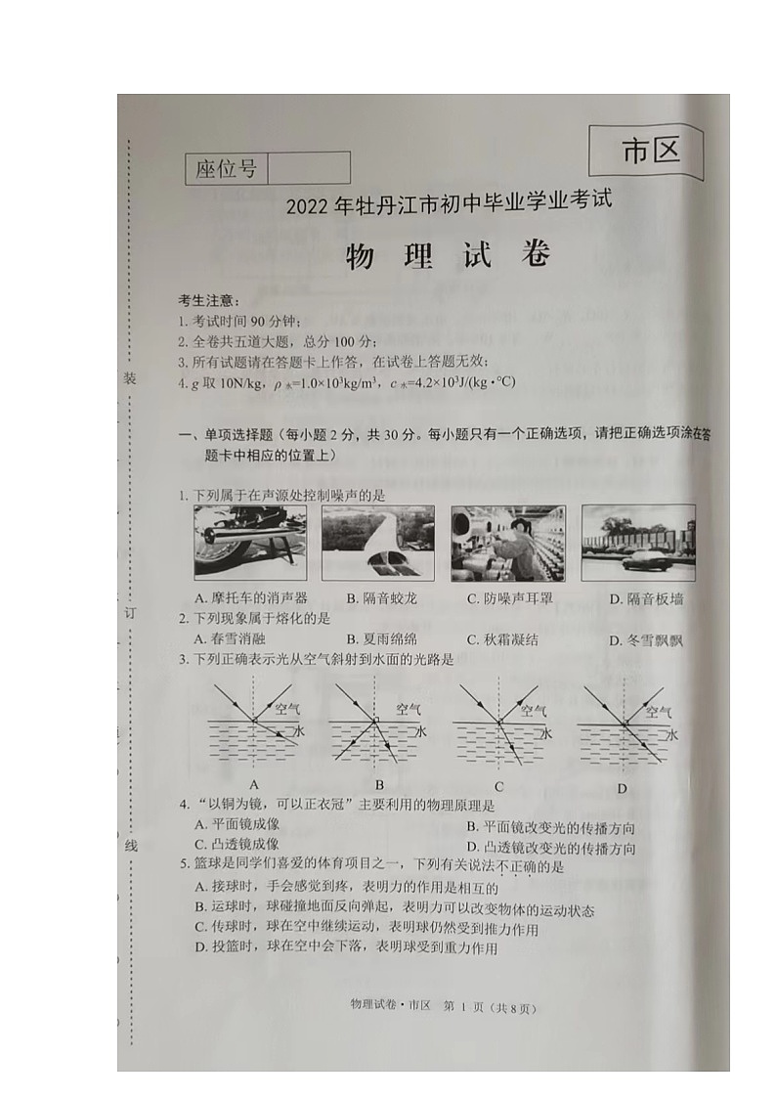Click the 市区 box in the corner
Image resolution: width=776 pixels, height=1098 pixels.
click(x=649, y=153)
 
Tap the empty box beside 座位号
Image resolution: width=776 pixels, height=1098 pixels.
click(x=308, y=168)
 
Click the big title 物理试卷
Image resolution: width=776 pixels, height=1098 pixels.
click(x=449, y=256)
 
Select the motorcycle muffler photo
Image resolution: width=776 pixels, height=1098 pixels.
click(x=250, y=542)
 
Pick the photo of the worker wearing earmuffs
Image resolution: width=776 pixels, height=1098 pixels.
click(x=507, y=543)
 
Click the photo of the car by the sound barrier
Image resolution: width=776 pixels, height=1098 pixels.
click(x=638, y=543)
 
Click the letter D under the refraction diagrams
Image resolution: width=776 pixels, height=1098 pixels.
click(x=622, y=789)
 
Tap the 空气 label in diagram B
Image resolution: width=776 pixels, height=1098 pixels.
click(x=409, y=709)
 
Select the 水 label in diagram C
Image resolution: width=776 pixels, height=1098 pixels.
click(x=547, y=733)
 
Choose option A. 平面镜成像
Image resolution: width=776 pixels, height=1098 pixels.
click(x=237, y=825)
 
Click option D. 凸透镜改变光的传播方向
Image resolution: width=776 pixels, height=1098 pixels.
click(x=550, y=848)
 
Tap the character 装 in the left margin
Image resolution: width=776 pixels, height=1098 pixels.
click(x=129, y=379)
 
